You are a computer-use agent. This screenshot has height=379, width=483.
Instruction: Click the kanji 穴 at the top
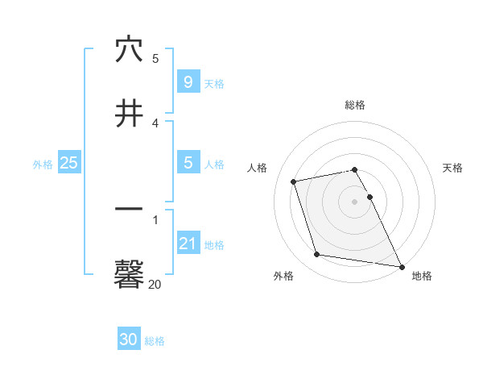[129, 50]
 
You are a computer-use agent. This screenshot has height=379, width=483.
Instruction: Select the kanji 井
[129, 114]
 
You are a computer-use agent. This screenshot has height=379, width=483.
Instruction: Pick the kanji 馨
[129, 274]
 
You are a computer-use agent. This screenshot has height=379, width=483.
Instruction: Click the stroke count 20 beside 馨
[155, 284]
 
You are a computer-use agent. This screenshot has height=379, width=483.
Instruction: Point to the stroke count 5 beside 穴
[155, 59]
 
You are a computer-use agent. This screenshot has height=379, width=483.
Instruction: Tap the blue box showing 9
[188, 82]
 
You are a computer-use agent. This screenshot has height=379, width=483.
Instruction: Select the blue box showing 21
[188, 244]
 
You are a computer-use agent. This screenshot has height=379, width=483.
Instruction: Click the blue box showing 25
[69, 163]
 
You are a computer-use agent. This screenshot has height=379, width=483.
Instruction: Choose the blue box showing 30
[129, 340]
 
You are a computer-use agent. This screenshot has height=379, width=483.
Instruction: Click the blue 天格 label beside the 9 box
[214, 84]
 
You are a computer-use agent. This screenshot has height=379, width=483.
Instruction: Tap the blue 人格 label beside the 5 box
[214, 165]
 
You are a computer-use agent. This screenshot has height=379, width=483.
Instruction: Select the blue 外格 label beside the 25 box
[43, 165]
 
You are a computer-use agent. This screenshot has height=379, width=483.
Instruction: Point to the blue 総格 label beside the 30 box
[155, 342]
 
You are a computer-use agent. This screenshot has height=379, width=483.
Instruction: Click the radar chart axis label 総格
[355, 105]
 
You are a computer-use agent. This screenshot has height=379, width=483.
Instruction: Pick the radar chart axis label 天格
[453, 168]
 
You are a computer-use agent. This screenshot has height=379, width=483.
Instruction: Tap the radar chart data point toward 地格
[400, 266]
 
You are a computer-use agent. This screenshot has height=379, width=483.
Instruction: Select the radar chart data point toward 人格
[294, 181]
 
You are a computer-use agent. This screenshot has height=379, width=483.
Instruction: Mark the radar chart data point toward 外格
[317, 255]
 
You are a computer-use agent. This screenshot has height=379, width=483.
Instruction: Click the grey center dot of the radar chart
[355, 201]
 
